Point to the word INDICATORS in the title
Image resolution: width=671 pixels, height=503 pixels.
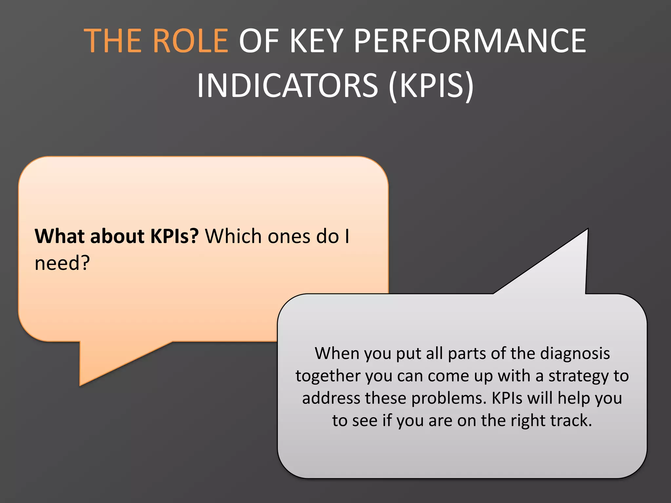click(287, 86)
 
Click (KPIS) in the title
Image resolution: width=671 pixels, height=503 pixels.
click(431, 86)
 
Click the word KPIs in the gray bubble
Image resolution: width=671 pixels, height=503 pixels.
click(507, 398)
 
